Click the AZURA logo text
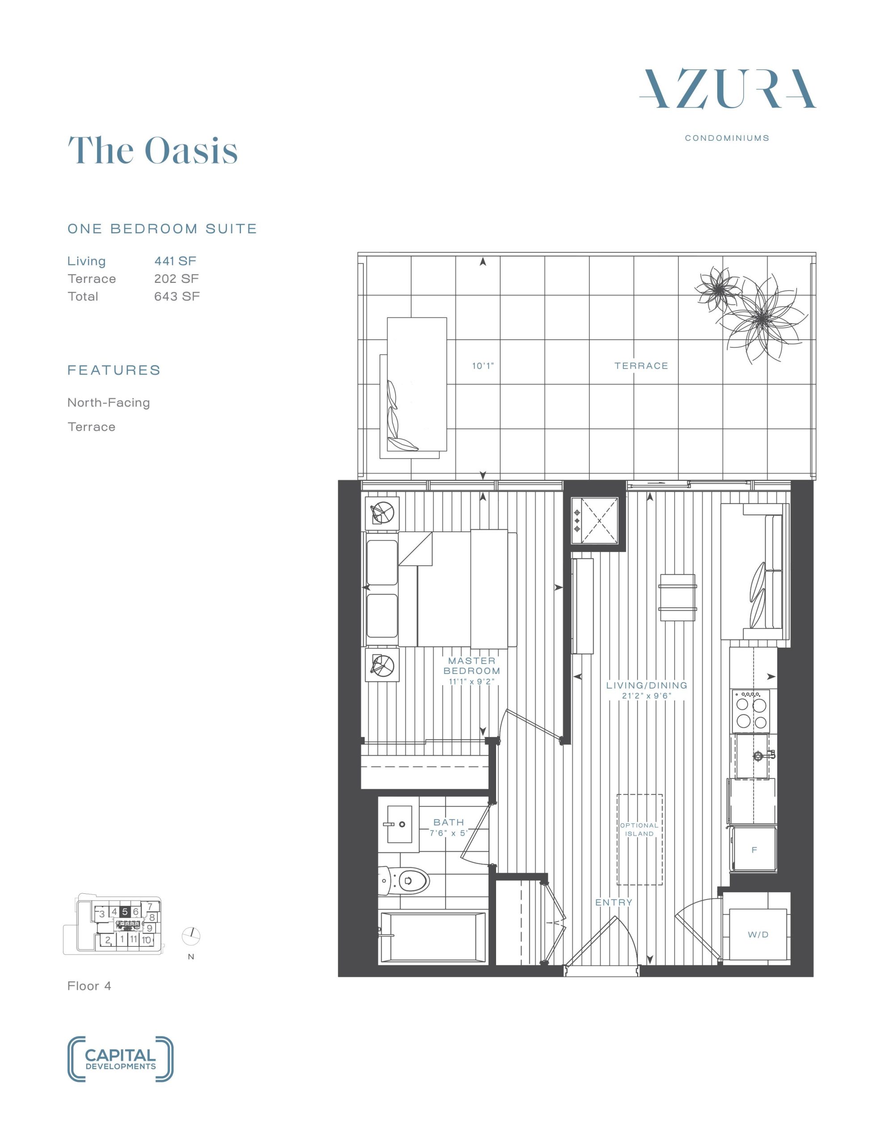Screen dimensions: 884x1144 (x=727, y=88)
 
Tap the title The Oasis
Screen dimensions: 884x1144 (x=153, y=150)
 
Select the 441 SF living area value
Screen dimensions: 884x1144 (x=175, y=261)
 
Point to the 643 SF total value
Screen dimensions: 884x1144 (x=177, y=296)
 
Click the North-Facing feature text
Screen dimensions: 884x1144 (x=109, y=402)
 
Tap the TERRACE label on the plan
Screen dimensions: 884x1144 (x=641, y=366)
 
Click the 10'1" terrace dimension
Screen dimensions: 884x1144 (x=483, y=366)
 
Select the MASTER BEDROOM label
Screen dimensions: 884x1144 (x=471, y=666)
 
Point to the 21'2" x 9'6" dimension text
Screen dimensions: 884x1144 (x=647, y=696)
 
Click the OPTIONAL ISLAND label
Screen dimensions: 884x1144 (x=639, y=829)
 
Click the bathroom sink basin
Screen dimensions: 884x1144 (x=399, y=824)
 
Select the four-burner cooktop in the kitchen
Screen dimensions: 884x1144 (x=751, y=711)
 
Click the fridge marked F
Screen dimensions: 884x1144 (x=754, y=849)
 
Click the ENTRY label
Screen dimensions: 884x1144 (x=614, y=903)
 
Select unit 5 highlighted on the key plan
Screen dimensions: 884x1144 (x=125, y=912)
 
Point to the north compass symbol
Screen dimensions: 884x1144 (x=191, y=935)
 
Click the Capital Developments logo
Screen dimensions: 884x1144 (x=121, y=1059)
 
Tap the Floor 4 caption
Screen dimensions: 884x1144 (x=89, y=986)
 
